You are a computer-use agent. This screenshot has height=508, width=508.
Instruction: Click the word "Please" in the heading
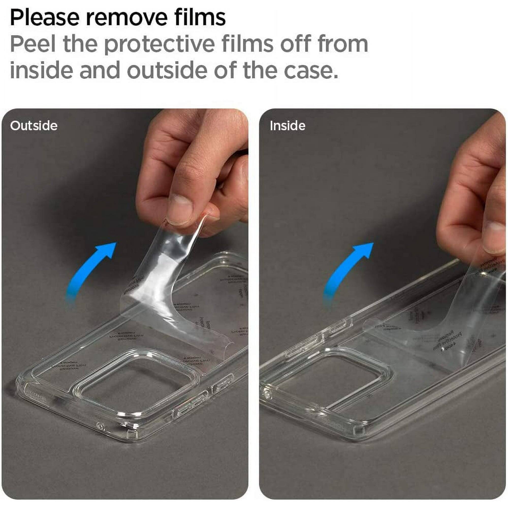(45, 18)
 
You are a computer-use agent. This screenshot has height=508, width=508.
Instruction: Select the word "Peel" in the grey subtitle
(33, 44)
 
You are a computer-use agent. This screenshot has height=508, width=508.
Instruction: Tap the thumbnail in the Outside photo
(181, 210)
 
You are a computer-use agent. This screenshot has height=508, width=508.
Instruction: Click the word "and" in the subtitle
(100, 70)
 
